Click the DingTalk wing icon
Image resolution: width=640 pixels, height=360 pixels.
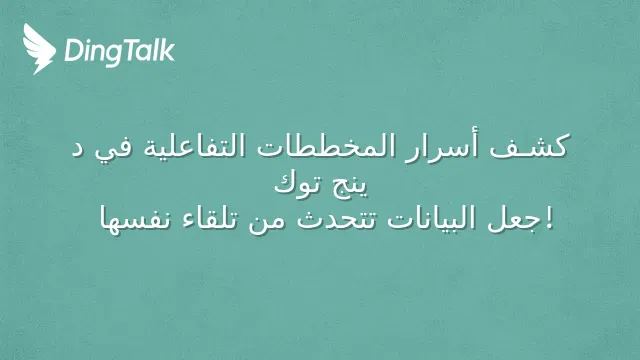[39, 49]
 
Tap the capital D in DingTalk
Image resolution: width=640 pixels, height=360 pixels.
[74, 51]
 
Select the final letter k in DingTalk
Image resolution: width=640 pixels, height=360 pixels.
[168, 50]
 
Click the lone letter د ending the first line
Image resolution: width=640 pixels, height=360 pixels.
[78, 149]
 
